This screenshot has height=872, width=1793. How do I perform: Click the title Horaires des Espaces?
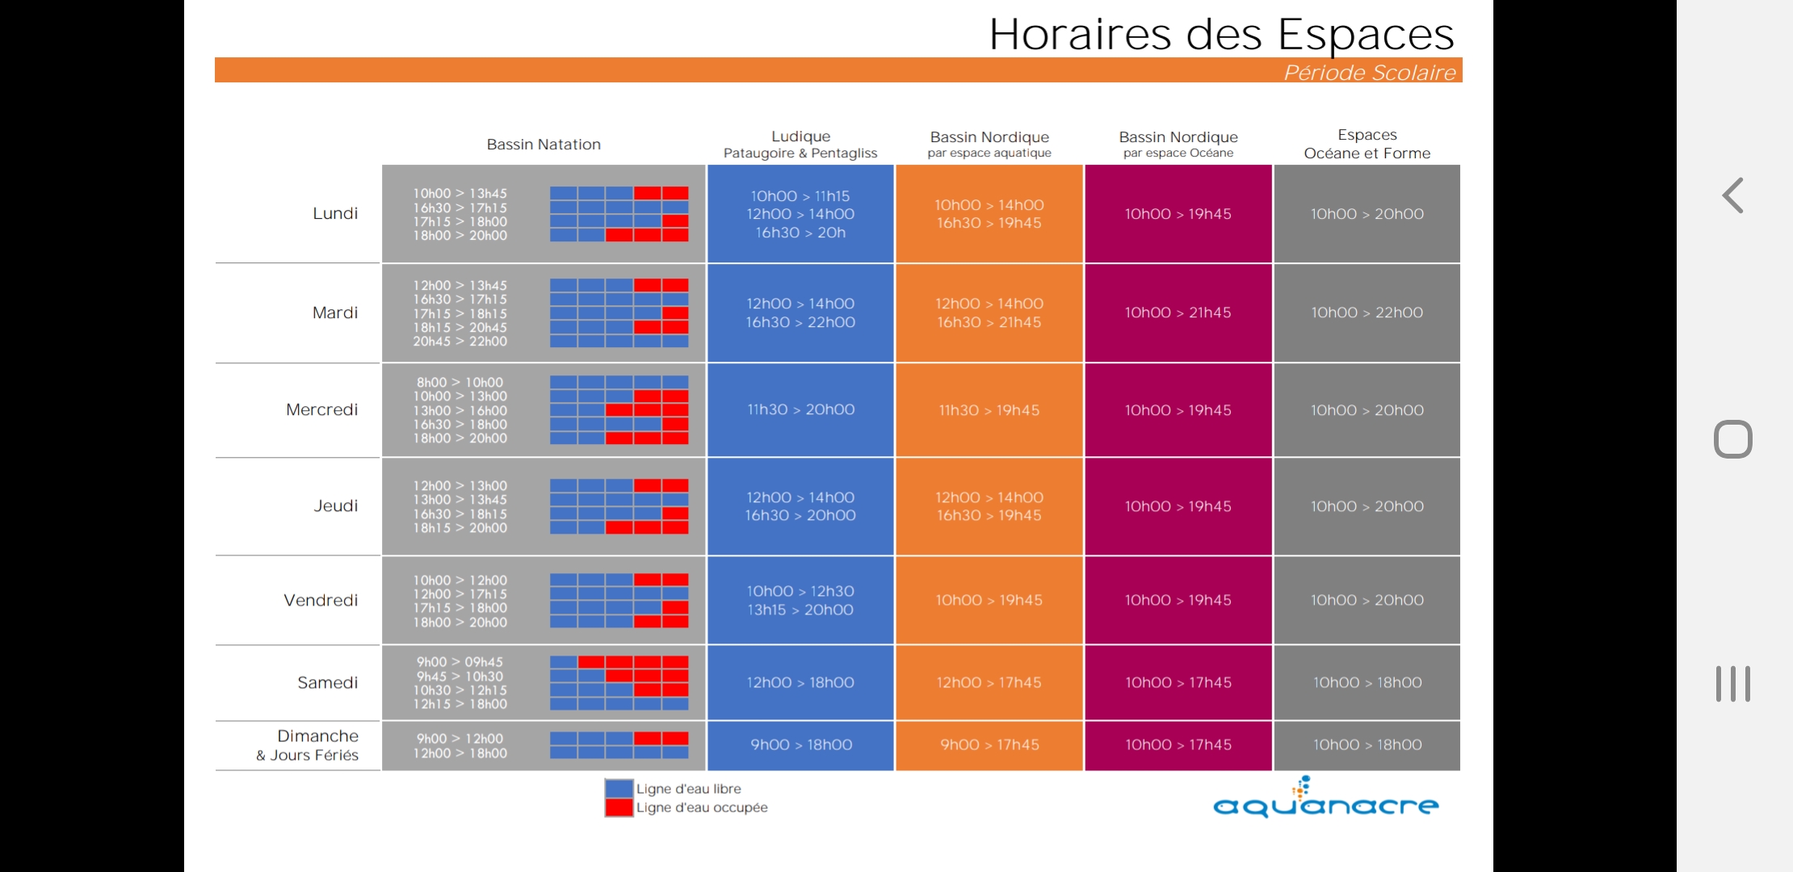(x=1221, y=35)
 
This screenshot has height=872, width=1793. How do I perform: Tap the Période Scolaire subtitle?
(x=1369, y=73)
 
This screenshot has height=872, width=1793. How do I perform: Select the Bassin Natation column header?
(x=544, y=145)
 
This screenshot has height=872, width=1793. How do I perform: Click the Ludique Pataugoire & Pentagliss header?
(x=800, y=145)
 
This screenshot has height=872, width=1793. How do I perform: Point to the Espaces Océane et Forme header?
(x=1367, y=145)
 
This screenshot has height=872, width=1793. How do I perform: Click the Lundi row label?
(x=335, y=213)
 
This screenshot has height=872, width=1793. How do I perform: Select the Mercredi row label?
(x=321, y=409)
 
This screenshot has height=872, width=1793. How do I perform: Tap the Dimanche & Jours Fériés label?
(x=309, y=745)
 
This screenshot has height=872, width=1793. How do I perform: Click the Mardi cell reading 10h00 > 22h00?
(x=1367, y=312)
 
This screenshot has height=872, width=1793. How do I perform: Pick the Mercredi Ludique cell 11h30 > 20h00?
(x=800, y=409)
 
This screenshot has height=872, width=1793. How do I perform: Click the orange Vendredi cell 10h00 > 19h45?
(x=989, y=600)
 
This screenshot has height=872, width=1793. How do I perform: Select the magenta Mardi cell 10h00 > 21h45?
(x=1178, y=312)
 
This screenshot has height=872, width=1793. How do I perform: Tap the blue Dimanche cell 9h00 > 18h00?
(x=800, y=744)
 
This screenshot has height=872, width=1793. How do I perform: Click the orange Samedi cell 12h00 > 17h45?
(x=989, y=682)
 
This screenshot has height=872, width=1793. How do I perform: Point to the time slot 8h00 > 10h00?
(x=460, y=383)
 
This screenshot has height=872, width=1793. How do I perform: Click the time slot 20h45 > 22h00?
(x=460, y=342)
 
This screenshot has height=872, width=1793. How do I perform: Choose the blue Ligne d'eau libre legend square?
(x=619, y=789)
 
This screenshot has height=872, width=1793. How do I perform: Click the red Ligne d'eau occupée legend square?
(x=619, y=807)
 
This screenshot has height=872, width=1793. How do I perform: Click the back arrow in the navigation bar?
(x=1732, y=195)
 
